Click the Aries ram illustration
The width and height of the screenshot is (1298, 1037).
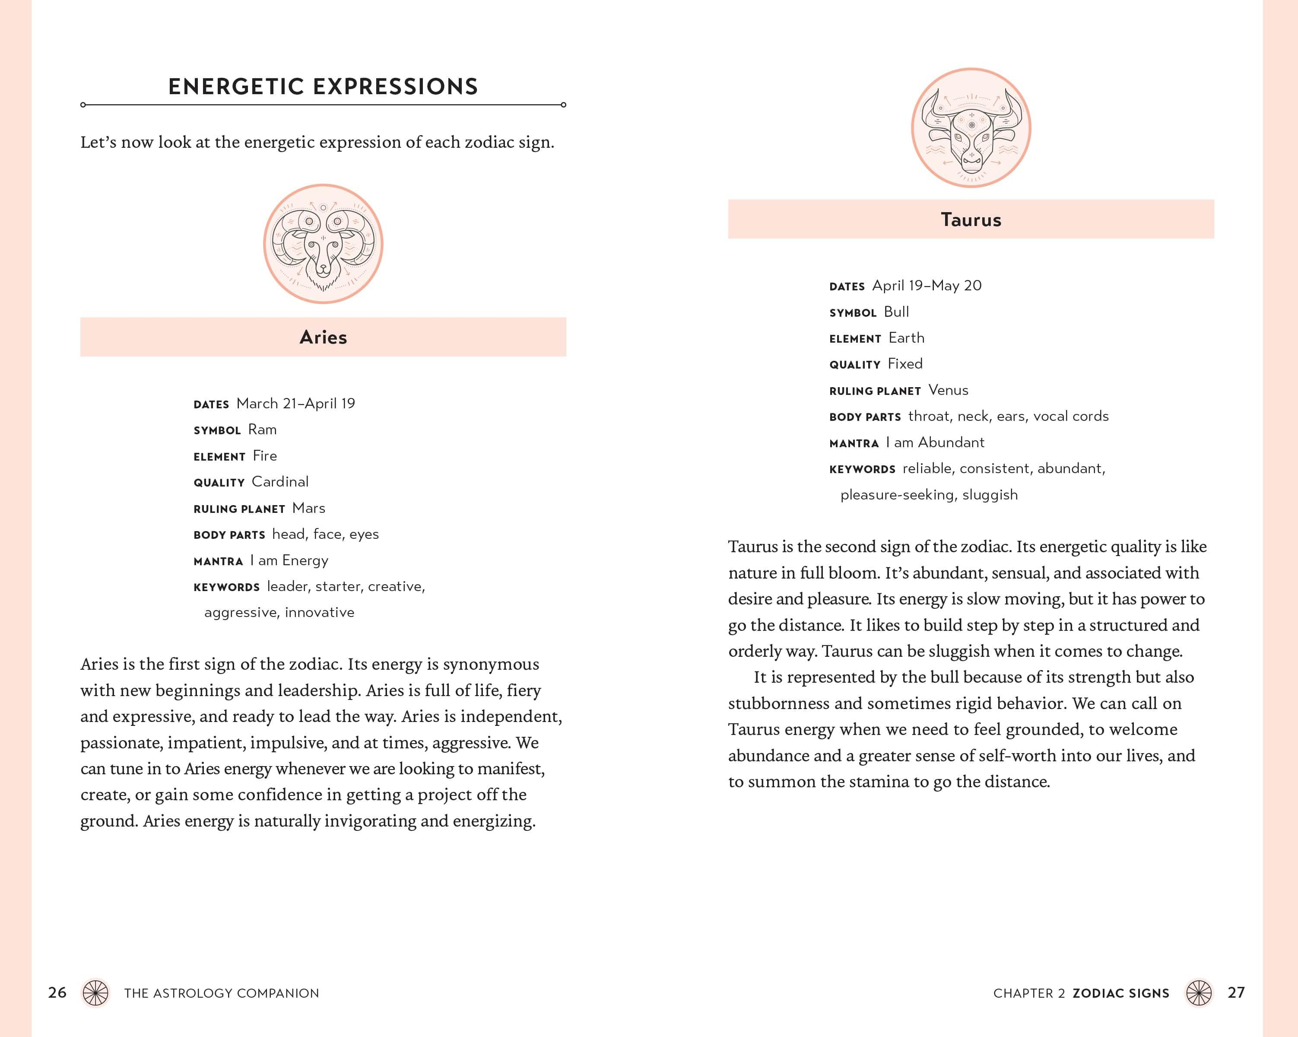(323, 244)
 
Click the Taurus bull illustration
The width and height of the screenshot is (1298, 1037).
(971, 127)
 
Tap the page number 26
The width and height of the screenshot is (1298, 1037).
(57, 992)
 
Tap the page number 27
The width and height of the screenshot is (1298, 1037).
(1236, 992)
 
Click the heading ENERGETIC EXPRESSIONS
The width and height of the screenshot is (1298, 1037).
(323, 87)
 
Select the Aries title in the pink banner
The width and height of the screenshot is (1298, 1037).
(323, 337)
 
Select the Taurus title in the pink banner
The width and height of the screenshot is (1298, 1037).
(971, 220)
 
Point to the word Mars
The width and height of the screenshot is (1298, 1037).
(308, 508)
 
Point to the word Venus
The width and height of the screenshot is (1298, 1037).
(948, 390)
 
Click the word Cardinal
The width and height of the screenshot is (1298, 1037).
(280, 482)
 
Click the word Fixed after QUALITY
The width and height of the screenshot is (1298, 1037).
(905, 364)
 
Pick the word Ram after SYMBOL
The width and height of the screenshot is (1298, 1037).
(263, 429)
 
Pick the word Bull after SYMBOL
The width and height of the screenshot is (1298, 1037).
(896, 312)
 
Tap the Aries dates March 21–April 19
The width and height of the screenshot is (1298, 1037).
(295, 404)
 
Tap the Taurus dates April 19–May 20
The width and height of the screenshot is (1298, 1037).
(927, 286)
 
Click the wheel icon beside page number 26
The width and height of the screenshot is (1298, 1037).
(95, 993)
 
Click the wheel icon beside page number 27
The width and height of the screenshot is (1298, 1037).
(1198, 993)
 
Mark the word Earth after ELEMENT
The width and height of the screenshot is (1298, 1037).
(906, 338)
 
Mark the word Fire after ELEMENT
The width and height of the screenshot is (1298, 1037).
(265, 456)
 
